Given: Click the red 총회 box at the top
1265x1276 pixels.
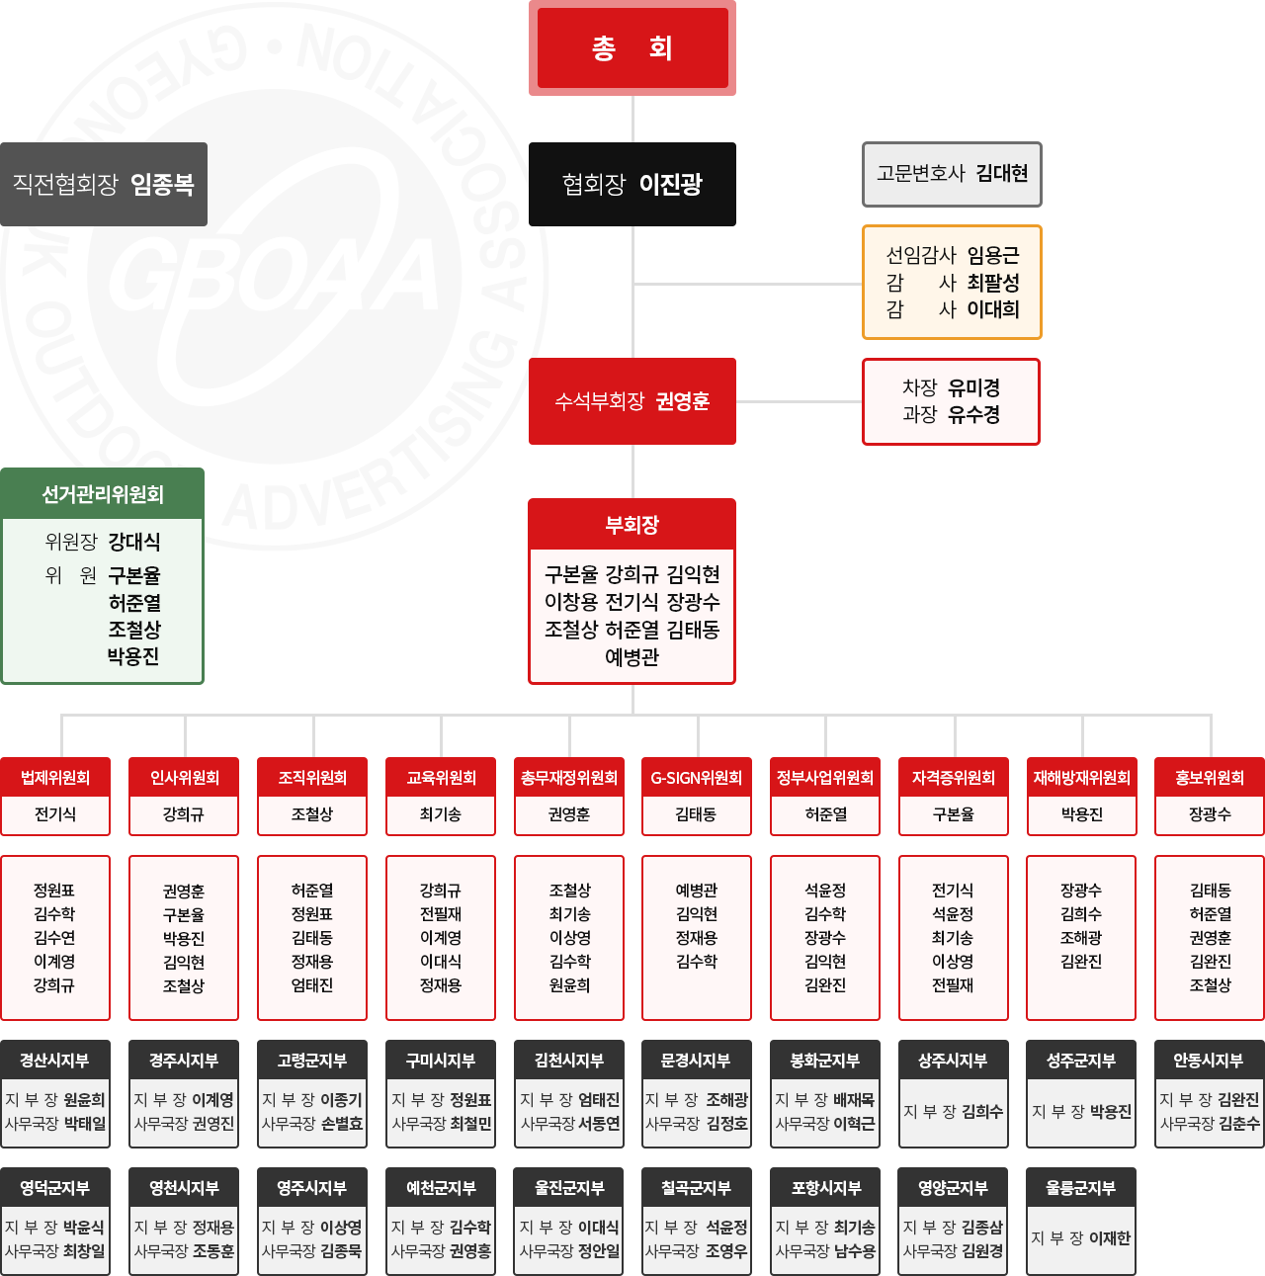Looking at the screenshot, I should tap(632, 48).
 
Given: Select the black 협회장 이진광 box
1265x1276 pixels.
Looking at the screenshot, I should tap(632, 184).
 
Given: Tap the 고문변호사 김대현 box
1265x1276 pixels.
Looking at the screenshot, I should tap(952, 174).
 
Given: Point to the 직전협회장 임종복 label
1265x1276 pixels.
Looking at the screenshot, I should tap(104, 184).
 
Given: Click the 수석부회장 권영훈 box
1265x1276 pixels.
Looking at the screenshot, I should tap(632, 401).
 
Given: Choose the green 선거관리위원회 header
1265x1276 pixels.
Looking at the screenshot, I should tap(103, 494).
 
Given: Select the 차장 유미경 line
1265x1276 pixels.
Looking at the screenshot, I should tap(951, 387).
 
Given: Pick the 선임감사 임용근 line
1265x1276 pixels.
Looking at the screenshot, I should tap(952, 256).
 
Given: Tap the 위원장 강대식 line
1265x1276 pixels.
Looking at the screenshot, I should tap(103, 542).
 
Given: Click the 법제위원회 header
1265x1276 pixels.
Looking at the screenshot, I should tap(55, 778).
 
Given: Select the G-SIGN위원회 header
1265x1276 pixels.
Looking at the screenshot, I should tap(697, 778).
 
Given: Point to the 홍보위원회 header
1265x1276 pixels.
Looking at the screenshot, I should tap(1210, 778).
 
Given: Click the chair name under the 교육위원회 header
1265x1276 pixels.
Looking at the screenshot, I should tap(441, 814).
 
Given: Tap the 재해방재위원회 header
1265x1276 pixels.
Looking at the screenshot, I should tap(1081, 778).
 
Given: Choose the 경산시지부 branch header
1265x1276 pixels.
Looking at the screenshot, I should tap(55, 1061).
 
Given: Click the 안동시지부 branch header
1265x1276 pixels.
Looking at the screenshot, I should tap(1210, 1061).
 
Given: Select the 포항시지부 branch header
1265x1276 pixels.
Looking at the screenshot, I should tap(825, 1188).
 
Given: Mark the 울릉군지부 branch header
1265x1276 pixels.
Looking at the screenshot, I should tap(1081, 1188).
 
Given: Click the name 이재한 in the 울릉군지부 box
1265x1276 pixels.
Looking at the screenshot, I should tap(1110, 1238).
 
